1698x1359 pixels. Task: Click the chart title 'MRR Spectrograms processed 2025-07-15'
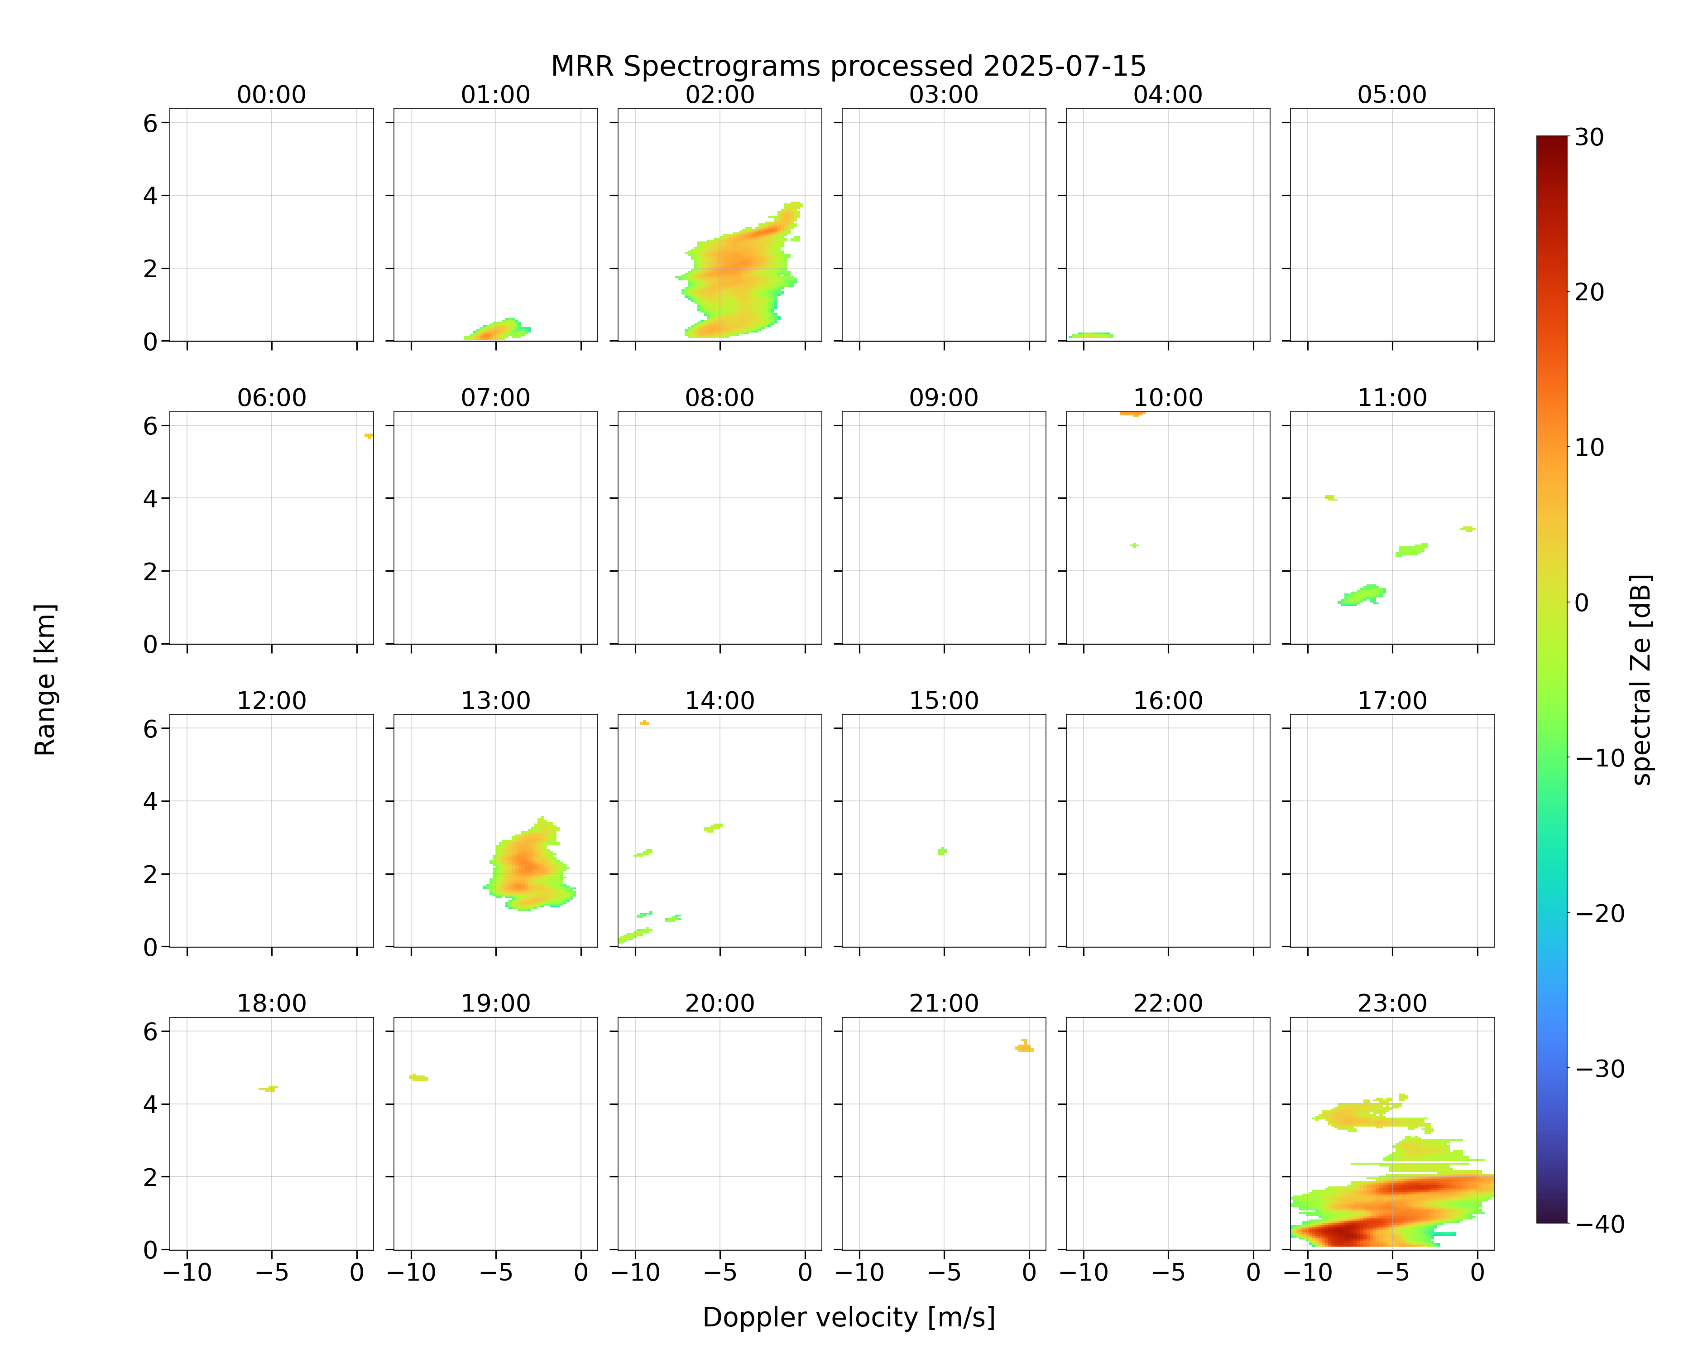848,66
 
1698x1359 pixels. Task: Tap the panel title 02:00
720,95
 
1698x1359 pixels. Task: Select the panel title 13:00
495,700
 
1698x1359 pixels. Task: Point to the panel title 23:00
1391,1003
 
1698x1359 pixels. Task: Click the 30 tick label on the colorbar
1589,137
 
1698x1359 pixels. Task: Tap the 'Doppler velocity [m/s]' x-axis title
848,1317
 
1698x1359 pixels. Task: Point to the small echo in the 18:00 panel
269,1089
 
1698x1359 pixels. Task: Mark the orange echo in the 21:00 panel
1024,1046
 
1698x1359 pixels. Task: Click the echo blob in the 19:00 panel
419,1077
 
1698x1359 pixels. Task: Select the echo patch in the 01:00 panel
497,329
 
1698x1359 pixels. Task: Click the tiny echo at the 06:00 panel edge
369,435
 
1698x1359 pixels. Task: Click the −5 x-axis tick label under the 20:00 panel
720,1272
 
